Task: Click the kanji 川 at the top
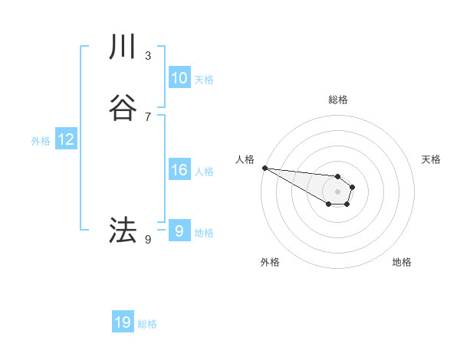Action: (123, 47)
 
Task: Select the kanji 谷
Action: (123, 108)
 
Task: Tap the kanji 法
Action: (123, 230)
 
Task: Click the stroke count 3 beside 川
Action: (148, 55)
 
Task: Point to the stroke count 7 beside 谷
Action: (148, 116)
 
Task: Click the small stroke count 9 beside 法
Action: (148, 240)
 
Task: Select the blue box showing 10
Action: (179, 78)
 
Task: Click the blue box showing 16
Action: (179, 170)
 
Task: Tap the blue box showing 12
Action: (65, 139)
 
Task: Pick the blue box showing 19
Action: (123, 322)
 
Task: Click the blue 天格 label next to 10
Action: (204, 79)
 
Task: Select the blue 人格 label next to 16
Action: (204, 171)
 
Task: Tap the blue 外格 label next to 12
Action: (40, 140)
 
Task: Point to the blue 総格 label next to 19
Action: (147, 323)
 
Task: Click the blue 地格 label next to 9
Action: (204, 232)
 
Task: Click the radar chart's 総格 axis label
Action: (338, 100)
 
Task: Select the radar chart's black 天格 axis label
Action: (431, 159)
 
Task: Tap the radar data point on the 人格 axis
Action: (264, 168)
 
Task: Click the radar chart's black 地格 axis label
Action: (402, 262)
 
